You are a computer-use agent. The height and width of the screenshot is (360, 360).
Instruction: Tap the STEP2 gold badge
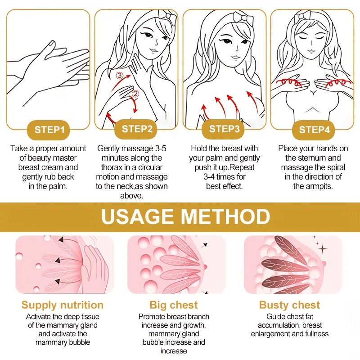click(137, 129)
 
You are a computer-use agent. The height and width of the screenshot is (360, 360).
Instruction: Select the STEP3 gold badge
click(224, 129)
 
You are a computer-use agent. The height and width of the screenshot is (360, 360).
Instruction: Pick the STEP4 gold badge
click(314, 130)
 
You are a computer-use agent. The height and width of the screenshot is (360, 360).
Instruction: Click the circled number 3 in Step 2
click(119, 76)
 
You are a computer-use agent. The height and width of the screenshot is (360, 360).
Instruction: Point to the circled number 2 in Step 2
click(135, 94)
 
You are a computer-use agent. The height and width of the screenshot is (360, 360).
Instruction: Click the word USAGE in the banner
click(137, 216)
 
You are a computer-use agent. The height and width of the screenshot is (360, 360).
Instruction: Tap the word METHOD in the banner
click(225, 216)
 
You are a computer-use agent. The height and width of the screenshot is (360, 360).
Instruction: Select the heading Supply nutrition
click(63, 305)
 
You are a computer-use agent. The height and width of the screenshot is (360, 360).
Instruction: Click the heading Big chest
click(174, 305)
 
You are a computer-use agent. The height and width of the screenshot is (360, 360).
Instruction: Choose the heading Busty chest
click(289, 305)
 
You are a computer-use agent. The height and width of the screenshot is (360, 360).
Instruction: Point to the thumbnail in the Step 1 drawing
click(52, 43)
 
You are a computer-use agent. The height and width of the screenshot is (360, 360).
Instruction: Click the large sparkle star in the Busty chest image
click(323, 248)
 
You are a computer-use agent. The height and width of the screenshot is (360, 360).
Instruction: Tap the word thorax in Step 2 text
click(112, 167)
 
